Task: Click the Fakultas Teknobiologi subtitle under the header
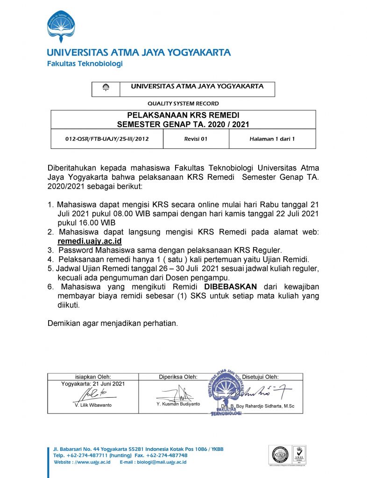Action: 85,64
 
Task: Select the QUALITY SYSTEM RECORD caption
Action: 183,104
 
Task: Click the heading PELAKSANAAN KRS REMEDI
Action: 183,115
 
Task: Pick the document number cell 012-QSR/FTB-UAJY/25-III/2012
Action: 107,139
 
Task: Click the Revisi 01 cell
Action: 196,139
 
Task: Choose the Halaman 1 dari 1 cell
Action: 272,139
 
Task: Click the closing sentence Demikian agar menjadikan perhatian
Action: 113,323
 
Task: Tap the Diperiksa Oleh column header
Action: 178,377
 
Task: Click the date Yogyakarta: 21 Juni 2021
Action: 93,384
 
